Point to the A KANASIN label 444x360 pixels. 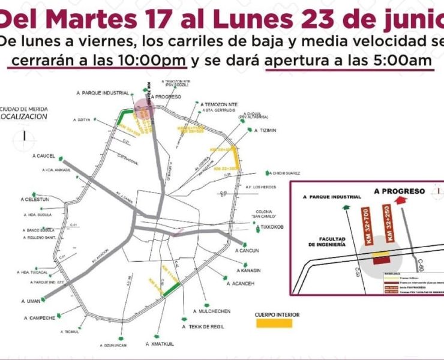[247, 270]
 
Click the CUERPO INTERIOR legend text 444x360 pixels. [277, 314]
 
